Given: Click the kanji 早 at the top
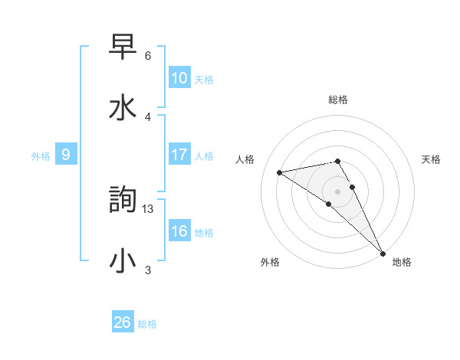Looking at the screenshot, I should tap(123, 47).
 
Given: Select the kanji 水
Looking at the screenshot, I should tap(123, 106).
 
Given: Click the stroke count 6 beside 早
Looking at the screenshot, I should tap(147, 56).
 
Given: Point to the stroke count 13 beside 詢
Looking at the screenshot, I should tap(149, 208).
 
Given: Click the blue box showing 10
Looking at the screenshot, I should tap(179, 78).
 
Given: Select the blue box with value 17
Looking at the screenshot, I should tap(179, 155).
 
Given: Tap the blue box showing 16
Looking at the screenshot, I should tap(179, 231).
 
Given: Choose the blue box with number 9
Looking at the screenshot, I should tap(66, 155).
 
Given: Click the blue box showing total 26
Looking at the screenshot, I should tap(123, 322).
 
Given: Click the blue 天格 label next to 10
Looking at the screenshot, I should tap(204, 80).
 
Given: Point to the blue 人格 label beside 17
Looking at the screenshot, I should tap(204, 156).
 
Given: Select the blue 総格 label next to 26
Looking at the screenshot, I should tap(147, 324).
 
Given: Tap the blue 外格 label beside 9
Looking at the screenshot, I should tap(41, 156).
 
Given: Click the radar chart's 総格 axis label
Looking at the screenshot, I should tap(338, 100).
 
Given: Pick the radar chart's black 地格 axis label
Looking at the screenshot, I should tap(402, 262).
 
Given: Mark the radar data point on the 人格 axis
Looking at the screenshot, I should tap(280, 172).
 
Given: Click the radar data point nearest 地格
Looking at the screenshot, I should tap(383, 254).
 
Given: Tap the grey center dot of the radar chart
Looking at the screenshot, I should tap(338, 190).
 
